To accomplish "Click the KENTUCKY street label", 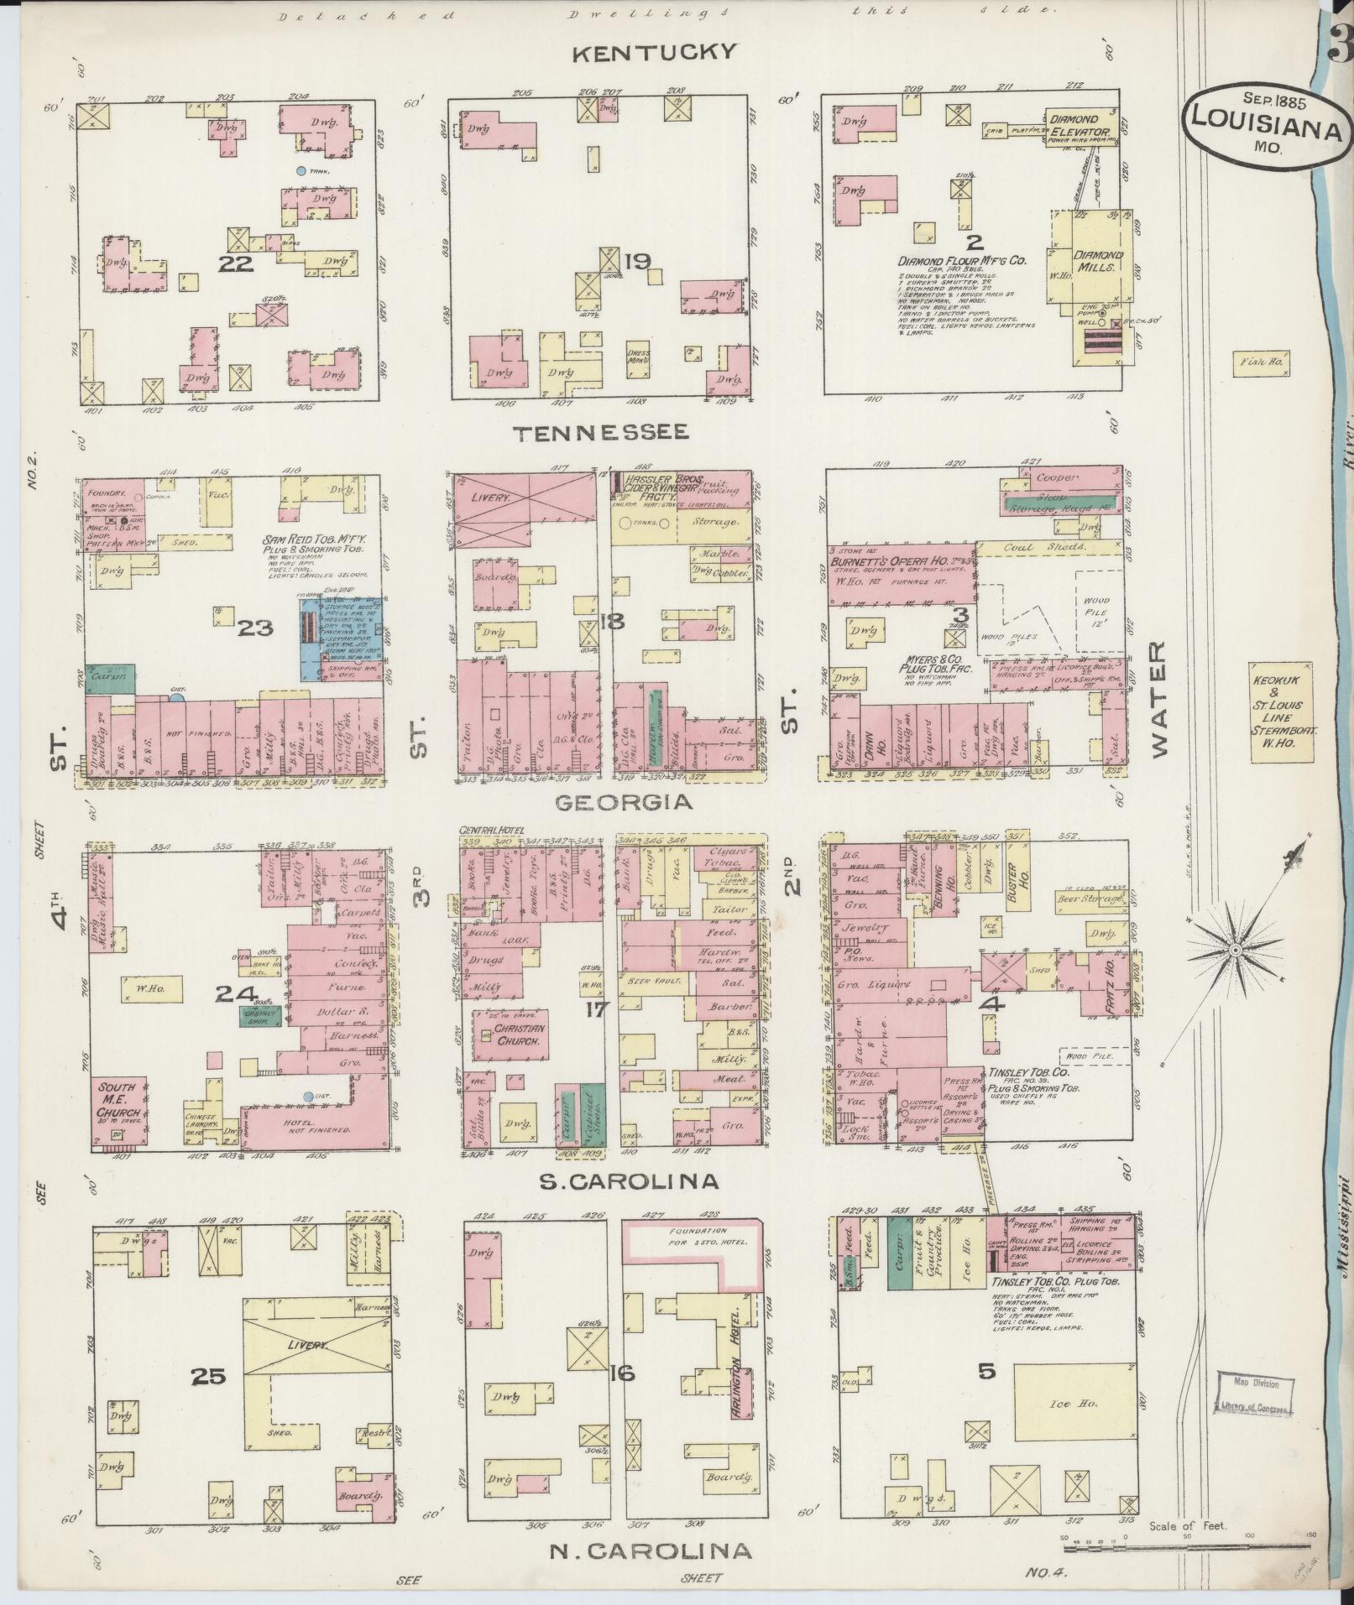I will pos(654,53).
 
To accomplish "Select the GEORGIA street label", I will pos(624,802).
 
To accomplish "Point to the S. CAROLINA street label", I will pos(629,1181).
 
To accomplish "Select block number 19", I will pos(637,262).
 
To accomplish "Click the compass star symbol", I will pos(1235,950).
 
